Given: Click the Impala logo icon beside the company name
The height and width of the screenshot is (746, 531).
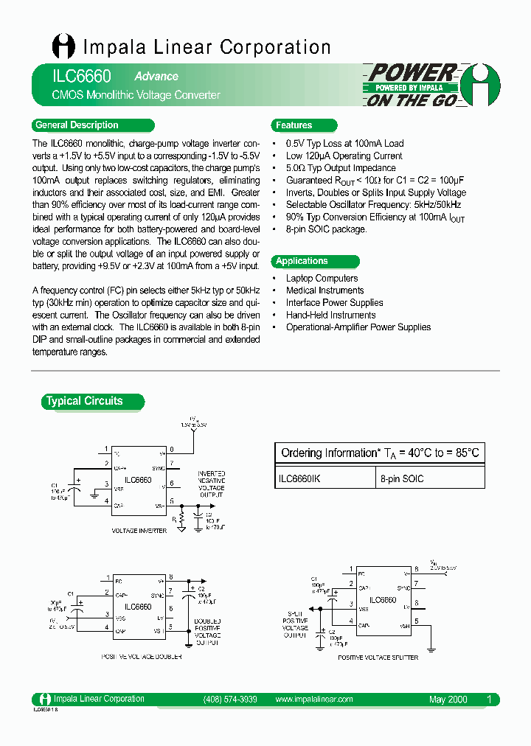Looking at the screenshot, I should (x=63, y=46).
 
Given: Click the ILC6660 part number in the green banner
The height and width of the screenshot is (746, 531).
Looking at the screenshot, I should (x=72, y=76).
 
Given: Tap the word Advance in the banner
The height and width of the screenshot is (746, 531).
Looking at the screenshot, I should (x=156, y=76).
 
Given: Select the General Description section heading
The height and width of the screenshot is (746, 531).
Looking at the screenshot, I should (x=77, y=125).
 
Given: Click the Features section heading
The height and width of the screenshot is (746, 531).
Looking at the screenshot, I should (x=294, y=125).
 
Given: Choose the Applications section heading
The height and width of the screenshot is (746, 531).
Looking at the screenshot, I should (x=302, y=261).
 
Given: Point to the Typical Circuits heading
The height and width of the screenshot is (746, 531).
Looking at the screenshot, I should (x=84, y=401).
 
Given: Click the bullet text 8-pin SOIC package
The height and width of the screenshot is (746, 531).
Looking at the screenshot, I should (x=326, y=229).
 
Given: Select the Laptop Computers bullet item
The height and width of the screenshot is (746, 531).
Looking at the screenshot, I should (x=322, y=278).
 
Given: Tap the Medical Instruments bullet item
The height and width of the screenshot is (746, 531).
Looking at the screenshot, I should (x=324, y=290).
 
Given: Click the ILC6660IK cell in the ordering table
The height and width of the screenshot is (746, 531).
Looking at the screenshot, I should (x=300, y=478).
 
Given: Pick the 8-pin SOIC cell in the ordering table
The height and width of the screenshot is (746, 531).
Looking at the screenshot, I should (x=402, y=478).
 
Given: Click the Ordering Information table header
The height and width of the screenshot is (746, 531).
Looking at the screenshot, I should (x=379, y=453).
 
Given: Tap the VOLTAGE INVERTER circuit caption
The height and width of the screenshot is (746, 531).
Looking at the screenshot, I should (x=139, y=530).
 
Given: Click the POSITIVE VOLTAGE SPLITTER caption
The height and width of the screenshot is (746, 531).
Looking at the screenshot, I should (x=378, y=657).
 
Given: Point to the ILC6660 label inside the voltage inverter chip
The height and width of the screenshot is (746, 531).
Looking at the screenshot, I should (x=138, y=480).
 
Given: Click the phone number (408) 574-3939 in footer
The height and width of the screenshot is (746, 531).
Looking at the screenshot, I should (x=229, y=699).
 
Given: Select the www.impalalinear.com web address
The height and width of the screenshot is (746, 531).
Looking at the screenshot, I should (x=313, y=699).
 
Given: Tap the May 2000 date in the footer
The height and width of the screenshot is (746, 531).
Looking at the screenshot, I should (x=448, y=699).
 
